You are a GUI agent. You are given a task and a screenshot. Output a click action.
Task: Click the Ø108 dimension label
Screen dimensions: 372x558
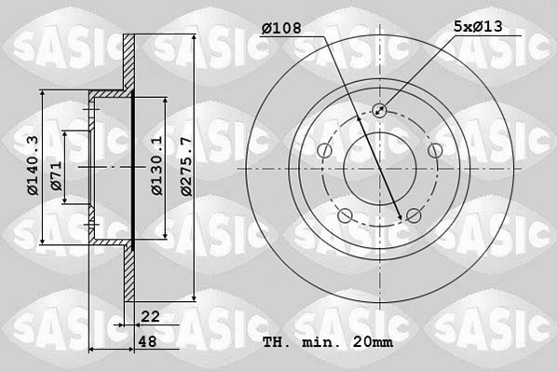[x=281, y=29]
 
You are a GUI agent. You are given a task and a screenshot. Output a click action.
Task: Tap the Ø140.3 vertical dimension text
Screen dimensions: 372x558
[x=32, y=166]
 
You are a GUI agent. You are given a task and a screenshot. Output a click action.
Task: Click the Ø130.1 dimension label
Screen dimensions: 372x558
[x=157, y=166]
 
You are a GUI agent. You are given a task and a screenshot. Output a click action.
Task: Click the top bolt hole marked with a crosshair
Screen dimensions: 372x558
[x=380, y=111]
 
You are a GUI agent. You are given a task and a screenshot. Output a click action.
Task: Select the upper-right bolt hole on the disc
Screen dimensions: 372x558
[x=433, y=150]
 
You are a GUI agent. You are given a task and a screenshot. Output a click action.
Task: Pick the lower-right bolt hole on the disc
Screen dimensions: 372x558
[x=413, y=216]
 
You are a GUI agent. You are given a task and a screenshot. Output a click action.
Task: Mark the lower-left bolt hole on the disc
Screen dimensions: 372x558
[x=346, y=216]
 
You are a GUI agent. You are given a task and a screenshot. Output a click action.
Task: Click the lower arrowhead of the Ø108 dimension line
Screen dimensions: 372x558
[x=401, y=217]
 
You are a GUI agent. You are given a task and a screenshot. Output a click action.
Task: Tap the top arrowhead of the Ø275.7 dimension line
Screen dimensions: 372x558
[x=192, y=36]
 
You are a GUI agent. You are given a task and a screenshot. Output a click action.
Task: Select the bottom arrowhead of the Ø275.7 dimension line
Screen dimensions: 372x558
[x=192, y=299]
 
